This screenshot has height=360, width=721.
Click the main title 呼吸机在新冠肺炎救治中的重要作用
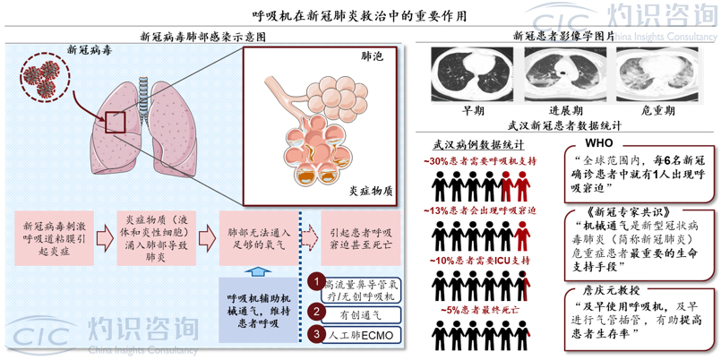tap(360, 16)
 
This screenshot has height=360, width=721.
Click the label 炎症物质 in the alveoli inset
tap(369, 191)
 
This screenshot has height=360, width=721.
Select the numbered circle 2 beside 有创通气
tap(316, 312)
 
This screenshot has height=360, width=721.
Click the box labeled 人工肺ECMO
tap(362, 335)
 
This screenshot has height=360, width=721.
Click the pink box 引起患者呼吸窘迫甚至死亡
tap(360, 238)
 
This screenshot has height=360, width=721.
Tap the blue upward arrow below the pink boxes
tap(255, 271)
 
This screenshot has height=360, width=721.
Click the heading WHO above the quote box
tap(598, 143)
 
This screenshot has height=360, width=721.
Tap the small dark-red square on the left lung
tap(116, 122)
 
